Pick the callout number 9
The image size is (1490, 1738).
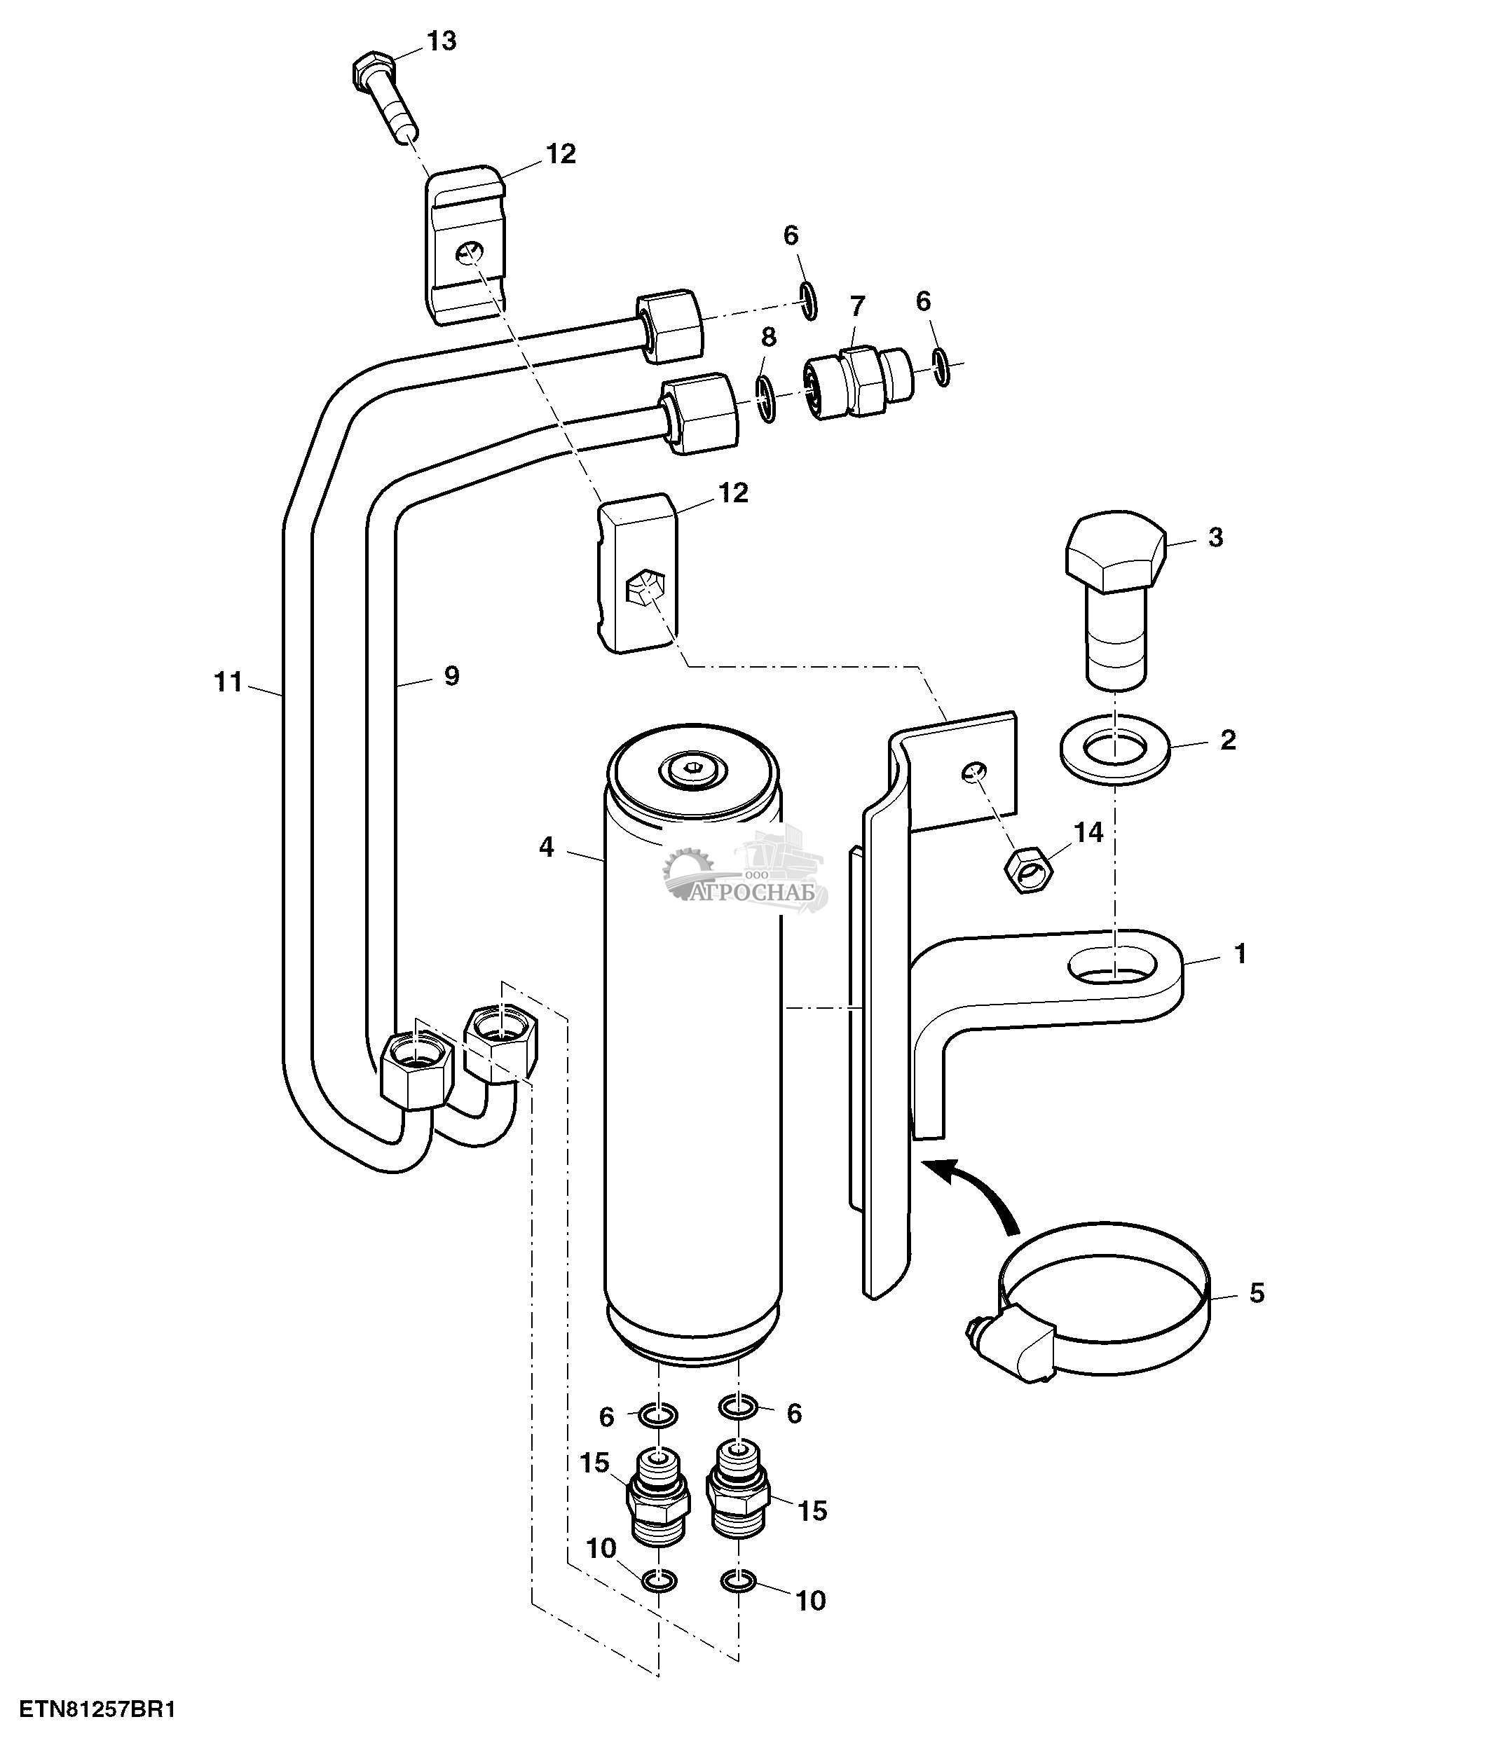(x=451, y=675)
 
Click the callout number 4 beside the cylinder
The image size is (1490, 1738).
(x=546, y=847)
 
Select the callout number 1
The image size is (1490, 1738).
(x=1240, y=953)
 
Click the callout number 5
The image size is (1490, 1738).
(x=1256, y=1292)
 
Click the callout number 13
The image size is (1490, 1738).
(x=442, y=40)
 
